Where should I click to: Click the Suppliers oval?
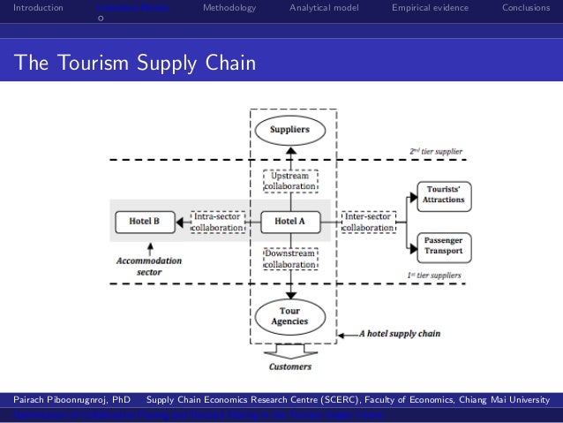click(289, 130)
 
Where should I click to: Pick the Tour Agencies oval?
click(289, 315)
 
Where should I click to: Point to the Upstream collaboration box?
click(289, 183)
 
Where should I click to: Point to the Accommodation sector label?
click(146, 267)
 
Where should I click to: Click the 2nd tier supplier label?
click(436, 151)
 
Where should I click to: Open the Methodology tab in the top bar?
click(229, 8)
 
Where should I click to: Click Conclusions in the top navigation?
click(527, 8)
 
